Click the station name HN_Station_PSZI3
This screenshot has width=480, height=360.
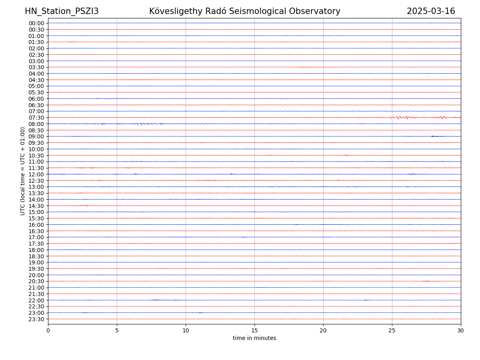click(62, 11)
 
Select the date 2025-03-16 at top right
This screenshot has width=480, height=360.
click(431, 11)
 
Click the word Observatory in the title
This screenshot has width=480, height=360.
click(318, 11)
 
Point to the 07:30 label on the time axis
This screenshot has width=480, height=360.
click(36, 118)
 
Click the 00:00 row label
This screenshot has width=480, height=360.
click(36, 23)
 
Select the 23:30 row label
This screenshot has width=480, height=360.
click(36, 319)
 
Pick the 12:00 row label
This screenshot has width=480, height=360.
click(36, 174)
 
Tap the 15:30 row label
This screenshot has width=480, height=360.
click(36, 218)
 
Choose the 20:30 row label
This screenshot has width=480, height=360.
click(36, 282)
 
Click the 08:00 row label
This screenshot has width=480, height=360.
click(36, 124)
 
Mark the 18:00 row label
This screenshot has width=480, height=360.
click(36, 250)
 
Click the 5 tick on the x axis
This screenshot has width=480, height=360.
click(117, 330)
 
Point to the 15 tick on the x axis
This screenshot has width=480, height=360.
click(254, 330)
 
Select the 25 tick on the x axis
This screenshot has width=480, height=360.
click(392, 330)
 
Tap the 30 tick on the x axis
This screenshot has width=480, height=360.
click(461, 330)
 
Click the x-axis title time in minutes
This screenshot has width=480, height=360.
click(254, 338)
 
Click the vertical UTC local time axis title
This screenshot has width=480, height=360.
click(23, 171)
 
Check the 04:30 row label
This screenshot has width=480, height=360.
click(36, 80)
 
